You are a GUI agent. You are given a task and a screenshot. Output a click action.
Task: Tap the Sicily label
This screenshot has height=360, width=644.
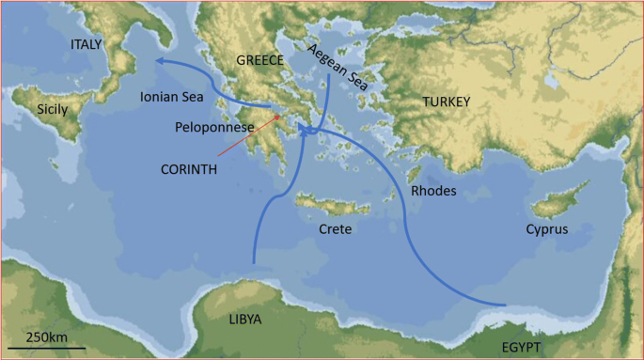pyautogui.click(x=52, y=110)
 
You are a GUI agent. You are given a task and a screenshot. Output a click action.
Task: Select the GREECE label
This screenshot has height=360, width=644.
pyautogui.click(x=259, y=59)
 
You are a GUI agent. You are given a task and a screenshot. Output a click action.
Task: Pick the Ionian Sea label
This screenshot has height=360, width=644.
pyautogui.click(x=171, y=96)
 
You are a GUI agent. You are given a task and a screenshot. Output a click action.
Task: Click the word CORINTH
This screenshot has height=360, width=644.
pyautogui.click(x=188, y=170)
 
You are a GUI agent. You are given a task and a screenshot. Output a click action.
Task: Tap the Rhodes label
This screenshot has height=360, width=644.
pyautogui.click(x=433, y=191)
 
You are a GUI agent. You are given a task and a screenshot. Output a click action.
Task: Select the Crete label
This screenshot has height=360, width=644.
pyautogui.click(x=335, y=228)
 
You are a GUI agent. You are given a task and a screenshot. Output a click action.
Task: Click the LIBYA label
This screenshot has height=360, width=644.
pyautogui.click(x=245, y=319)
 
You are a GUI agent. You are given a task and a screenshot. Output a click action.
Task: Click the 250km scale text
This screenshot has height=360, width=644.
pyautogui.click(x=45, y=337)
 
